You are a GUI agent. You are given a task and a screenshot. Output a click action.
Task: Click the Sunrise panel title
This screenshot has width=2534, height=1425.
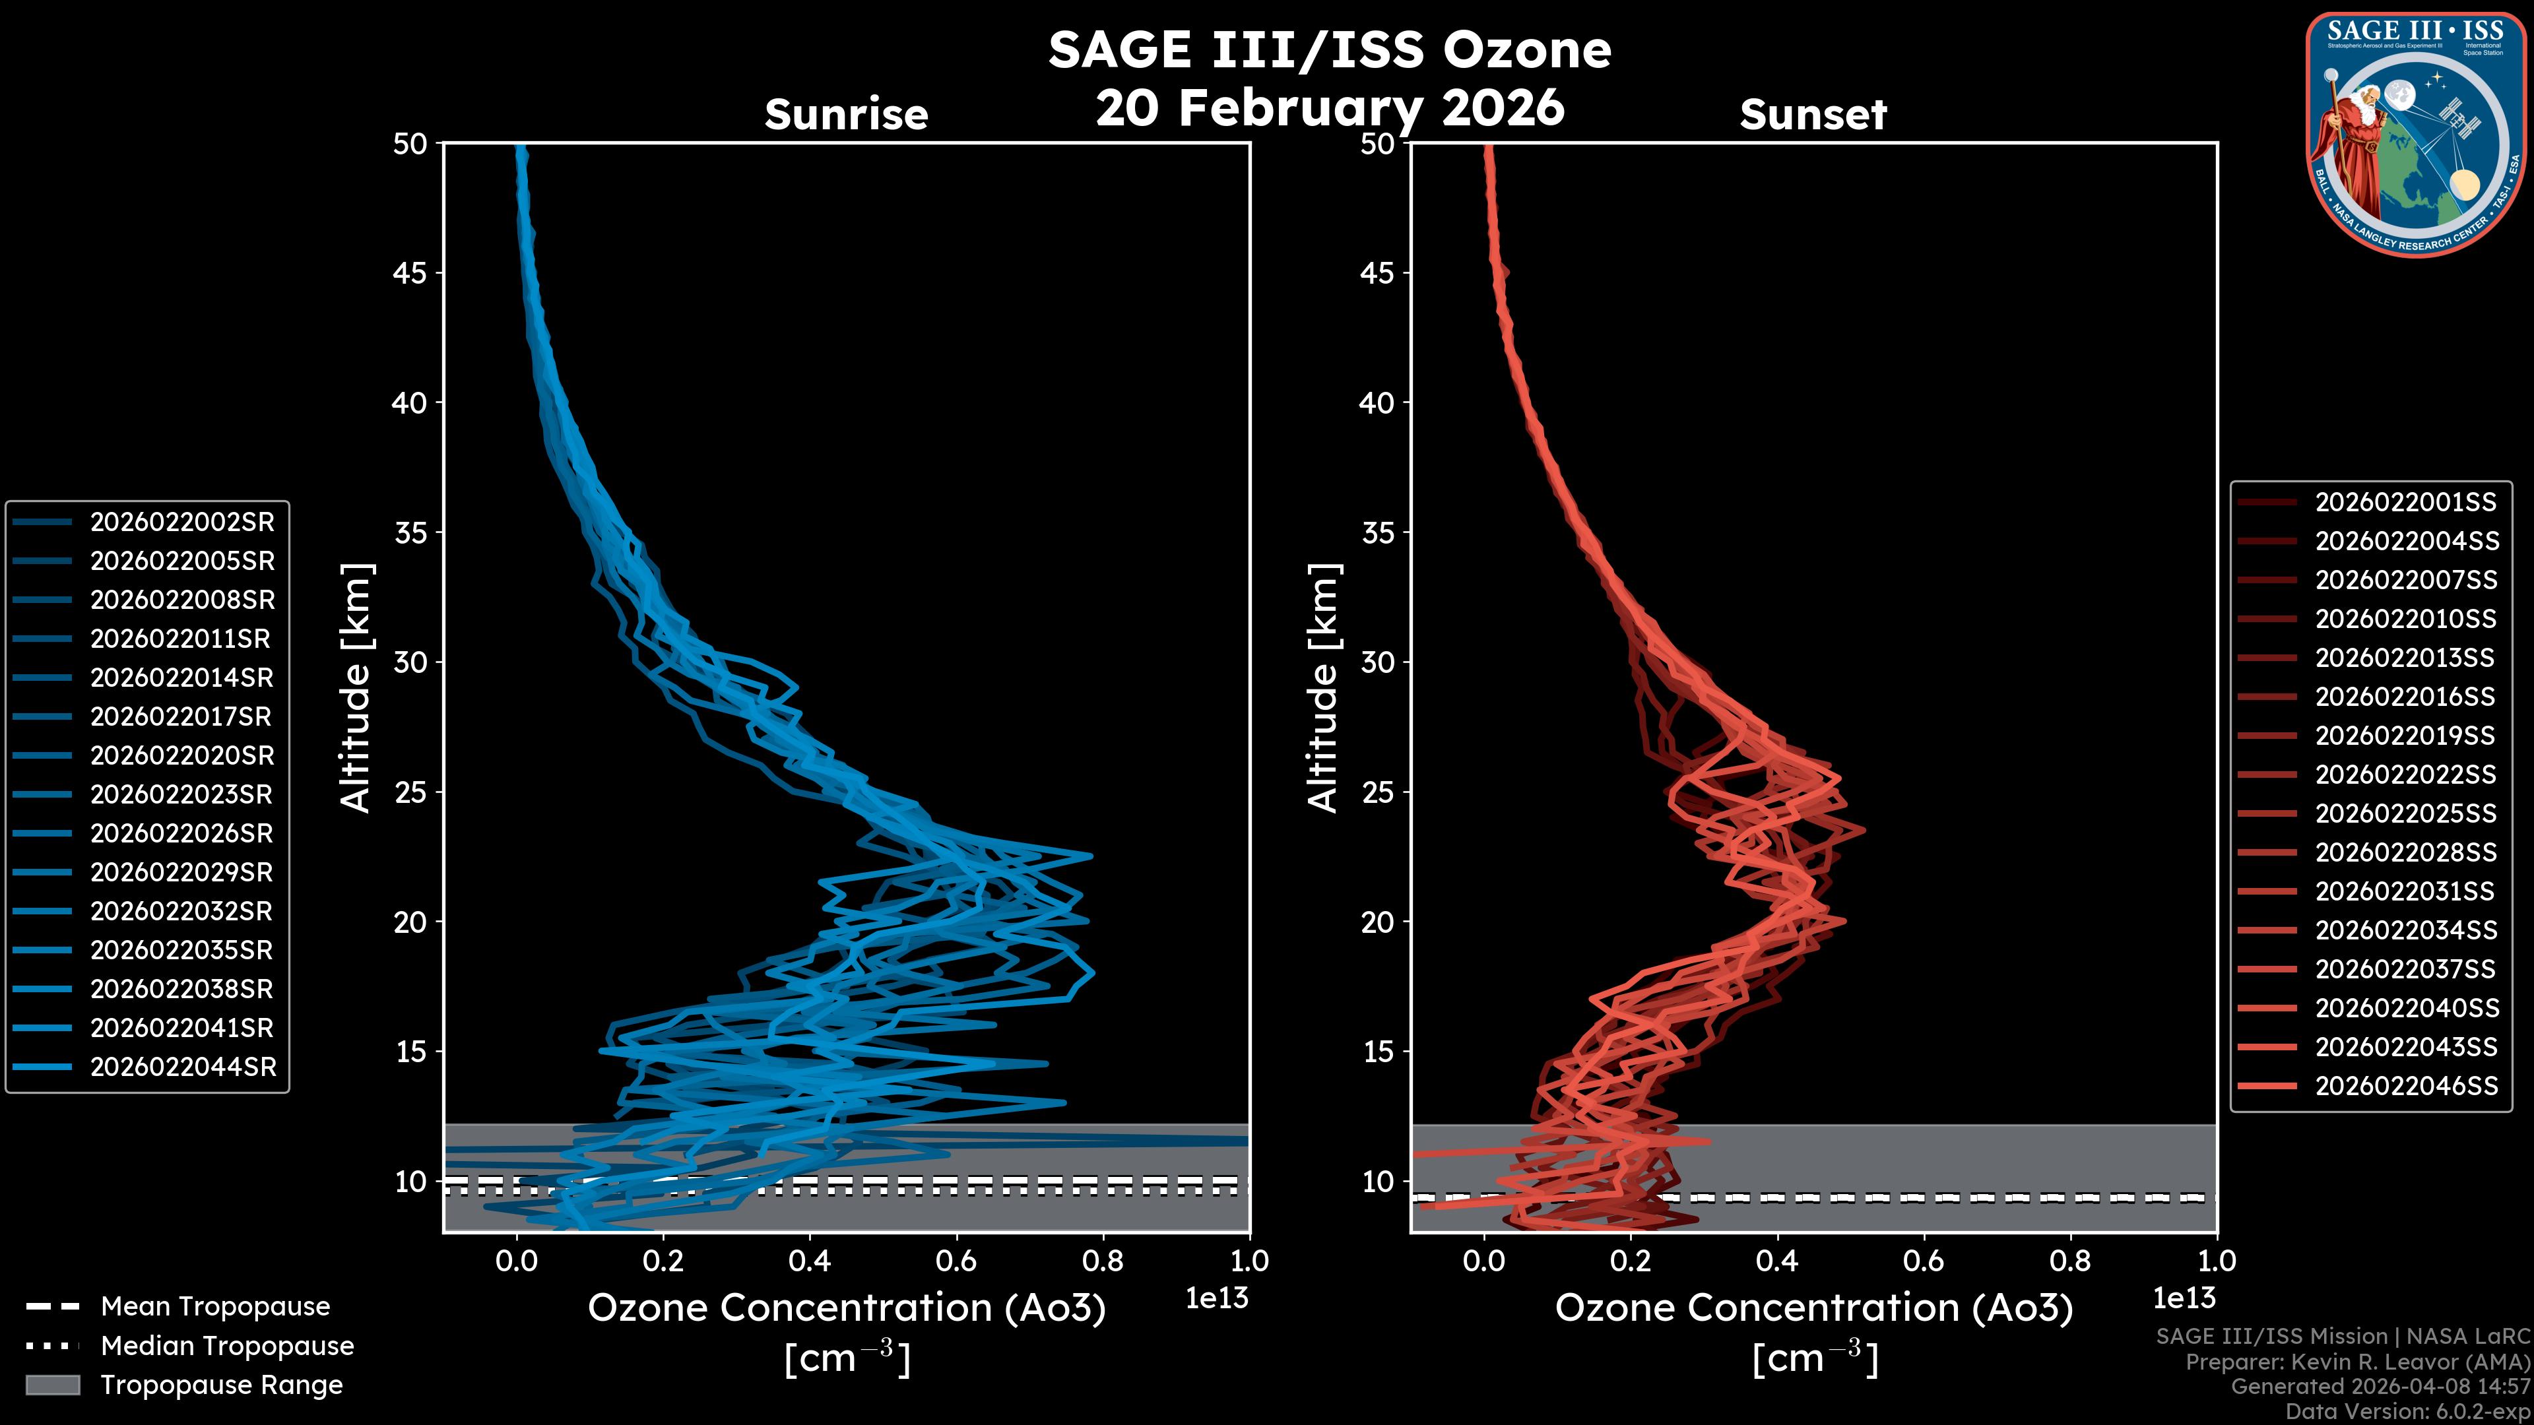tap(846, 114)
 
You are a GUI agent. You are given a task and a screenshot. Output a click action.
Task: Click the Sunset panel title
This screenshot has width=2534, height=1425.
tap(1813, 114)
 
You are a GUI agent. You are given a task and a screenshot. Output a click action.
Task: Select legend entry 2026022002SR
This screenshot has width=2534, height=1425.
tap(182, 522)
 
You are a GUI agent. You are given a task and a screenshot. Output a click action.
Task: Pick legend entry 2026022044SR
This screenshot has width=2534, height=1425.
tap(183, 1067)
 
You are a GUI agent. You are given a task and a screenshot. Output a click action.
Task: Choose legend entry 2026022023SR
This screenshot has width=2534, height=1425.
tap(182, 794)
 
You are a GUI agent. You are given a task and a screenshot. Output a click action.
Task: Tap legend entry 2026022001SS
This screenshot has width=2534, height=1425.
tap(2405, 503)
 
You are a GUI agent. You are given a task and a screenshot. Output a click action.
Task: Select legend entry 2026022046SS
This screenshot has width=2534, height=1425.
tap(2406, 1086)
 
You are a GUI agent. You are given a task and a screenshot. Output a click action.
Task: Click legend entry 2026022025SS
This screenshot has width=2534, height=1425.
tap(2405, 813)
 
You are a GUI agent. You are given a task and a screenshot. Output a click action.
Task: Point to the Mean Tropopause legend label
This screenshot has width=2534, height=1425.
tap(215, 1306)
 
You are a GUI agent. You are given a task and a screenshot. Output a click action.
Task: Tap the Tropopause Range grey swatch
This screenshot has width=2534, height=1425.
tap(53, 1385)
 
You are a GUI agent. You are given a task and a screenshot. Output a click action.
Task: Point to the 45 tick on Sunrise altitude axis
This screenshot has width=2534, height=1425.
tap(410, 272)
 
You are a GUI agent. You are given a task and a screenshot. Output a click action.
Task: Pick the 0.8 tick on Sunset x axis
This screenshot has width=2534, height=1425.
tap(2069, 1261)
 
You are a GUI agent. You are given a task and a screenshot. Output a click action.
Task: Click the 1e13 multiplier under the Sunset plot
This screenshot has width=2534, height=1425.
tap(2184, 1298)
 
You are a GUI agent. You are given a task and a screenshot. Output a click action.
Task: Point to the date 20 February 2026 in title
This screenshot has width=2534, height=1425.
tap(1330, 107)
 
